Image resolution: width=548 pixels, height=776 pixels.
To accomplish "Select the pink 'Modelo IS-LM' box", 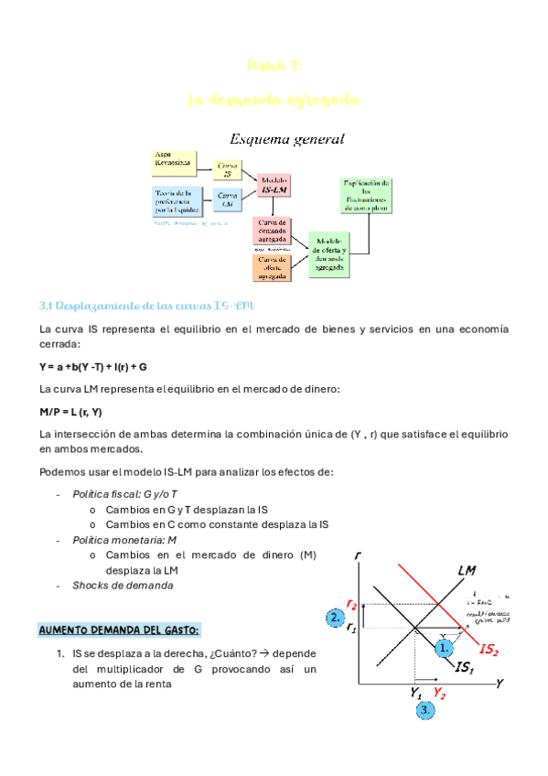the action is pos(274,186).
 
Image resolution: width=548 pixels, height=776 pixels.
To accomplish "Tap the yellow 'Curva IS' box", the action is pos(228,169).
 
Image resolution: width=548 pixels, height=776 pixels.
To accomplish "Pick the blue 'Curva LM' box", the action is pos(228,199).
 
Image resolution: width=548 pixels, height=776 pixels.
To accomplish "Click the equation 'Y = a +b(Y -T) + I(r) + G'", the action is pos(93,366).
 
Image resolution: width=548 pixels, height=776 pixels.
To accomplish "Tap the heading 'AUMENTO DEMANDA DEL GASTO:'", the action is pos(119,630).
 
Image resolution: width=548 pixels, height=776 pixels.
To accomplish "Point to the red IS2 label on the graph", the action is pos(489,650).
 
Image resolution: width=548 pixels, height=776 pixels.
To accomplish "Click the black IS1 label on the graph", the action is pos(466,669).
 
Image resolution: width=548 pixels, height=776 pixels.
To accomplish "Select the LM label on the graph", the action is pos(467,571).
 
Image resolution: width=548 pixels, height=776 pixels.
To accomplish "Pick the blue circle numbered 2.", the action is pos(334,619).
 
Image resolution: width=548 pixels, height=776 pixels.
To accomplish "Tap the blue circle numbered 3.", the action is pos(424,709).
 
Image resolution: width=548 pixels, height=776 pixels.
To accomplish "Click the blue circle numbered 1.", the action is pos(445,647).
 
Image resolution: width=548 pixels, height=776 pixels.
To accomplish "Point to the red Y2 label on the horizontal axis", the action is pos(440,693).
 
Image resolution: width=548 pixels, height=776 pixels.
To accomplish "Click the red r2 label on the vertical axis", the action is pos(351,604).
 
